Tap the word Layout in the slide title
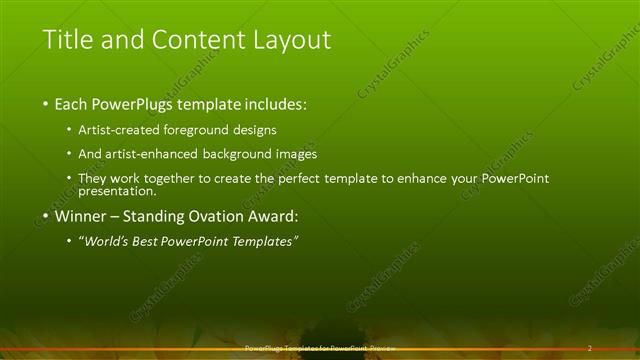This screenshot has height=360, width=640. (291, 40)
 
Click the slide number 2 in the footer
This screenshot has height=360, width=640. (589, 348)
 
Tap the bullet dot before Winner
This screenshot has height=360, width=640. (46, 216)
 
